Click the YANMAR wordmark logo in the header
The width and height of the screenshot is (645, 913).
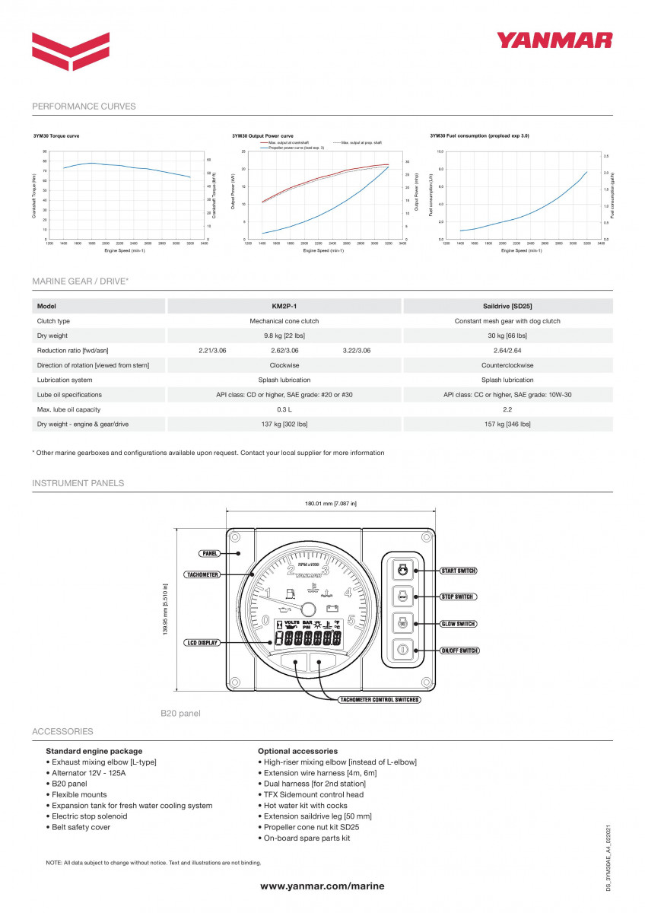point(554,40)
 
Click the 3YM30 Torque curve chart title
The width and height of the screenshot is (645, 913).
point(56,135)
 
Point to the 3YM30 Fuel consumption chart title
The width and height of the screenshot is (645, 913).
point(479,135)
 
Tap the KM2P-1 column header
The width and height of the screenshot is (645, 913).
point(284,306)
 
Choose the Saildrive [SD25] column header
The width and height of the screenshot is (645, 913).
point(507,306)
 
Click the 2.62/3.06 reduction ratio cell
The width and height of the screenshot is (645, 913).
point(284,351)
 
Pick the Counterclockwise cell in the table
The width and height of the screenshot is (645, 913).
point(507,365)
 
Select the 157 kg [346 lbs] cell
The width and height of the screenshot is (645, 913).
point(507,424)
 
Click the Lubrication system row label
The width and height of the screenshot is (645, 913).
point(65,380)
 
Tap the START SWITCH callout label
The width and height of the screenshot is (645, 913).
point(459,571)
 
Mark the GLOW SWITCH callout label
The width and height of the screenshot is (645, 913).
point(458,624)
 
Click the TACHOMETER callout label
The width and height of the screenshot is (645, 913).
point(203,574)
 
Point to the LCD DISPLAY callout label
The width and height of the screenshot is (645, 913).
point(202,643)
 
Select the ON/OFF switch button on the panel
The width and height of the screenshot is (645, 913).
point(402,650)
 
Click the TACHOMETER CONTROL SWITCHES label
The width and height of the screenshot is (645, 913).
point(379,699)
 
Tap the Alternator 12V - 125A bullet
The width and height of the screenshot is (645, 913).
point(88,773)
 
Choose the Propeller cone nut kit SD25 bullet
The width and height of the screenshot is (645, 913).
point(311,827)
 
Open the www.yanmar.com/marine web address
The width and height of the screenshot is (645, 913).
point(322,886)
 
